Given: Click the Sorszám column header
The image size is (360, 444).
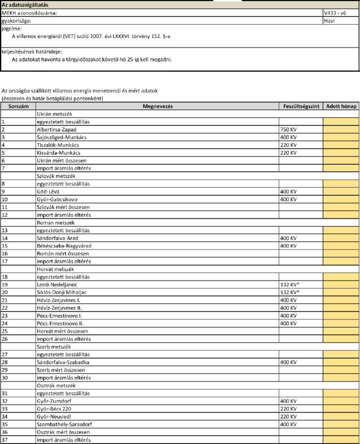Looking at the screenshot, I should pos(15,107).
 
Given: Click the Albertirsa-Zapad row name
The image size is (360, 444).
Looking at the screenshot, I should pos(57,130).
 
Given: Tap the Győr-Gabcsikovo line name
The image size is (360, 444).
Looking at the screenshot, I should pos(59,199).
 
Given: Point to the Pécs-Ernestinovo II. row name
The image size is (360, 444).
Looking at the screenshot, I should pos(61,323).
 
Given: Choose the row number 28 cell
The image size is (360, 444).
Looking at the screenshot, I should pos(15,362).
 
